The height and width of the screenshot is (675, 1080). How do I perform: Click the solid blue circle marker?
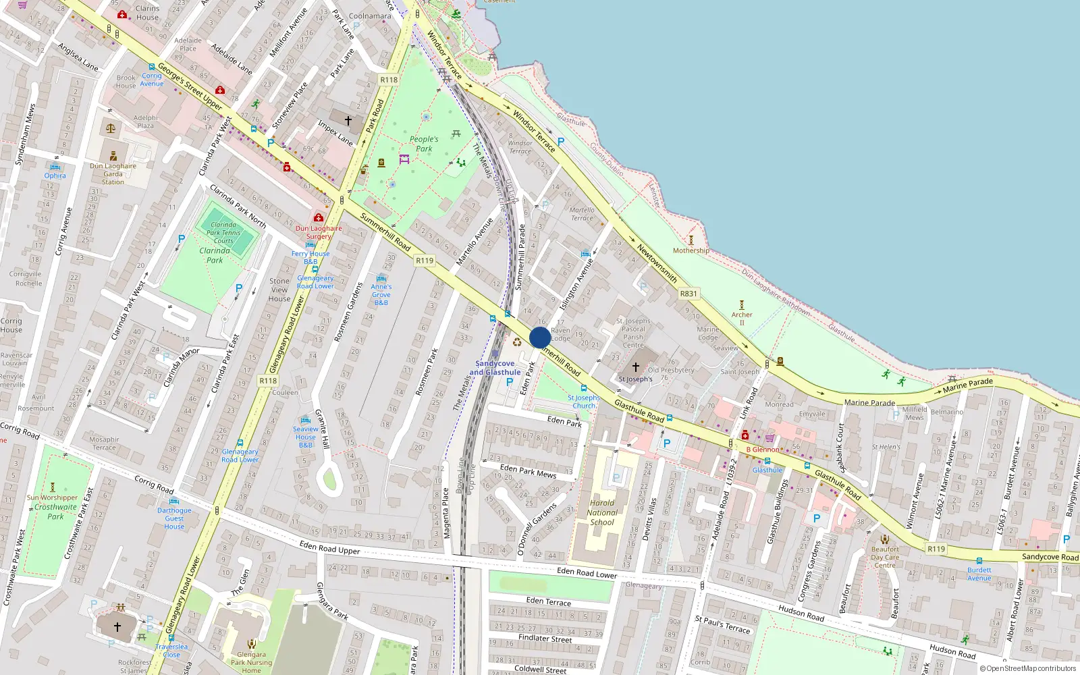point(540,337)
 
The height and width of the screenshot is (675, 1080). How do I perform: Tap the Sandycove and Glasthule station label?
point(495,368)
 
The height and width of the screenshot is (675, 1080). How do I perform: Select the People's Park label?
point(424,144)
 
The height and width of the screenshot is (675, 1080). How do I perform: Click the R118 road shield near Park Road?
point(389,80)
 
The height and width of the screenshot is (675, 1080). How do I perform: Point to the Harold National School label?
point(602,512)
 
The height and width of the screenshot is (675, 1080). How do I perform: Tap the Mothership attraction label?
point(691,250)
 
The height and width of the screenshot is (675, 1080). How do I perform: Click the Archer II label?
point(741,319)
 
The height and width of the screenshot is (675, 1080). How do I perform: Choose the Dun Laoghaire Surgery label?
point(319,232)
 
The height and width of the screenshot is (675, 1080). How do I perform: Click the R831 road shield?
point(688,294)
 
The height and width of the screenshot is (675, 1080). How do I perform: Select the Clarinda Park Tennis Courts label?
point(223,233)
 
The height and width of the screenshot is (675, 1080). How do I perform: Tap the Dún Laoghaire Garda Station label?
point(113,173)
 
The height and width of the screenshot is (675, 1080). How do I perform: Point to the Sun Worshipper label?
point(53,497)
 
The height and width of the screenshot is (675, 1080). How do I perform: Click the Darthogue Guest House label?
point(174,518)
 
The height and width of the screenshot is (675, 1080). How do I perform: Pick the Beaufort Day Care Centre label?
point(885,557)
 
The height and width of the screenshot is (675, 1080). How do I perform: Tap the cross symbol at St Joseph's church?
point(635,367)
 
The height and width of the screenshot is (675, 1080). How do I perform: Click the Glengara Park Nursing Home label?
point(251,662)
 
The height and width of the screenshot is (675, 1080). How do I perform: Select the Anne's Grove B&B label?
point(381,294)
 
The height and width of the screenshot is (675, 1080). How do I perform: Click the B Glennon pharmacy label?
point(763,450)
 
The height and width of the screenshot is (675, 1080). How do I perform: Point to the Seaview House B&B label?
point(305,437)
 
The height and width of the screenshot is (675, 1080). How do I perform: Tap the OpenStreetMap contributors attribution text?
point(1028,669)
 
